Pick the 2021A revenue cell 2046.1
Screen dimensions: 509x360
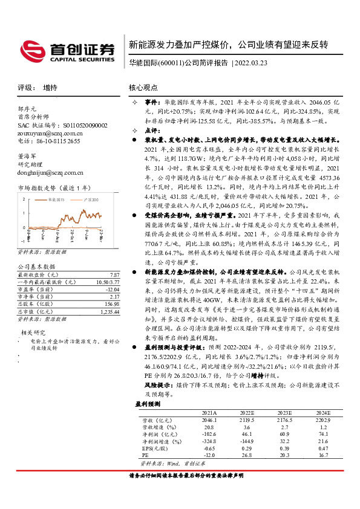tap(209, 419)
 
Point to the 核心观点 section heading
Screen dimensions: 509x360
tap(145, 87)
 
